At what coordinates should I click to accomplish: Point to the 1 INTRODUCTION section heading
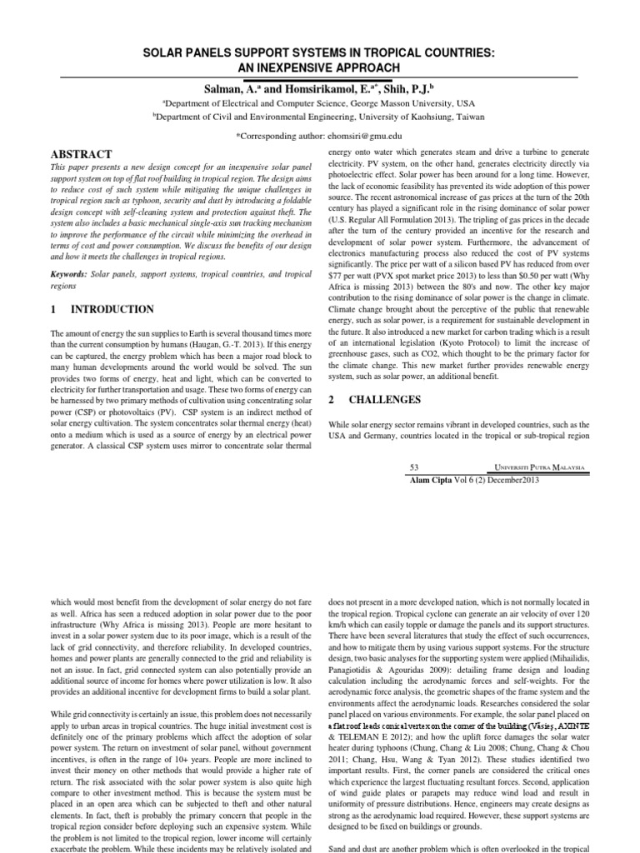(x=102, y=310)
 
